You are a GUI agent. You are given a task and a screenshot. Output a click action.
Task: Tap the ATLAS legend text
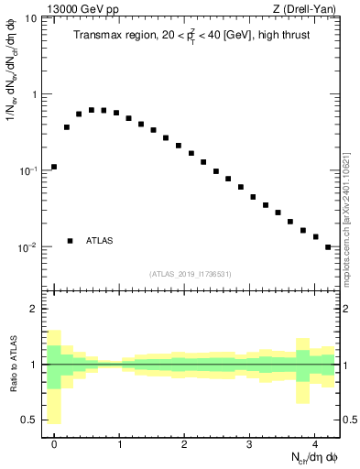(x=100, y=241)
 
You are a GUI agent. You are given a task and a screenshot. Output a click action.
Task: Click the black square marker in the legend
(x=71, y=241)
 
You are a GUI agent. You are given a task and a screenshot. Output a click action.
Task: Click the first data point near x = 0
(x=54, y=167)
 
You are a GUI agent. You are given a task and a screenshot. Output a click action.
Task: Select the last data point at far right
(x=328, y=247)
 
